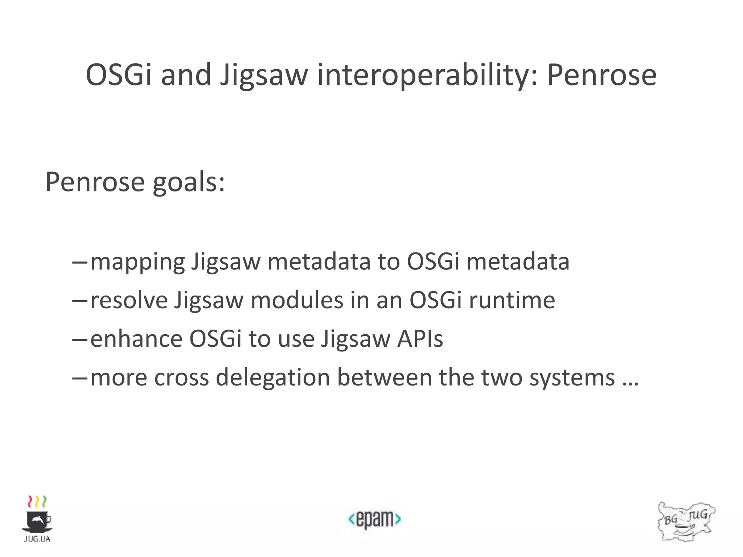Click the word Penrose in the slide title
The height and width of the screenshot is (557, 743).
click(x=602, y=75)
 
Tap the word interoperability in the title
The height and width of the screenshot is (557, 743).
click(x=427, y=75)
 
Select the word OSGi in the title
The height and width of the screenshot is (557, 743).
click(x=118, y=75)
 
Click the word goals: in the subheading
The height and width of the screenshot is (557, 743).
click(x=189, y=182)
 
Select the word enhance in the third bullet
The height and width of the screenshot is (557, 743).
click(x=136, y=339)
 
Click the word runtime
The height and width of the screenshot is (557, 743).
click(x=512, y=300)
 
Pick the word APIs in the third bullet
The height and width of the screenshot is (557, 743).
click(x=420, y=339)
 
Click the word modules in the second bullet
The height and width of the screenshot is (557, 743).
click(x=297, y=300)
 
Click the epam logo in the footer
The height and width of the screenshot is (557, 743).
click(x=374, y=519)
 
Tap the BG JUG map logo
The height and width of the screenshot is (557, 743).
click(x=686, y=521)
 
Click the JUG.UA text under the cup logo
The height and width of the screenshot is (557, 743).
click(x=37, y=539)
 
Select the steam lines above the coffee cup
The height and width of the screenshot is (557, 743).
click(x=37, y=502)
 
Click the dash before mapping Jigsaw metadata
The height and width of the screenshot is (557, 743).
click(x=80, y=262)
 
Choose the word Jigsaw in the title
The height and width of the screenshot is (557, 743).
click(x=264, y=75)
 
